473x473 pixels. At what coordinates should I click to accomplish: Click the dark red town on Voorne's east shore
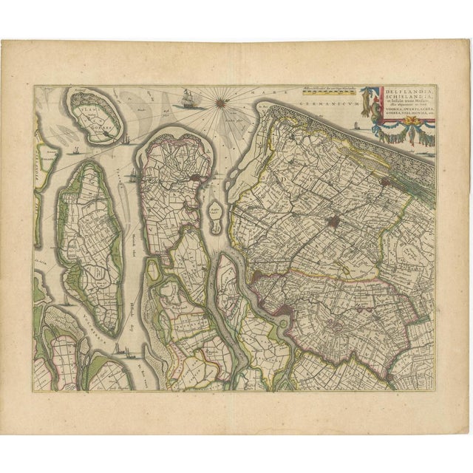point(194,178)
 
